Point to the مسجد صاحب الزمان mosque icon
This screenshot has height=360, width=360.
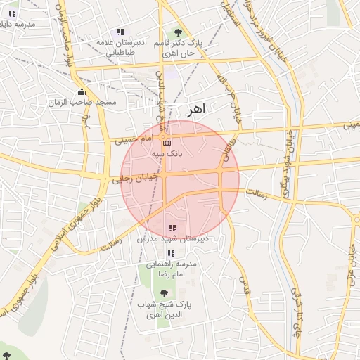(82, 92)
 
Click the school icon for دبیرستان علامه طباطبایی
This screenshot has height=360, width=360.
(120, 32)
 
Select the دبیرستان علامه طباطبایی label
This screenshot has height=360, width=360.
(120, 47)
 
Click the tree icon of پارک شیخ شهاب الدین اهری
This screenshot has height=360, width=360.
(165, 292)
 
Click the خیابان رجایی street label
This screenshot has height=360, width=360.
(128, 180)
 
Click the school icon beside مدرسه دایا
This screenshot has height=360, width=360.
(12, 13)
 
